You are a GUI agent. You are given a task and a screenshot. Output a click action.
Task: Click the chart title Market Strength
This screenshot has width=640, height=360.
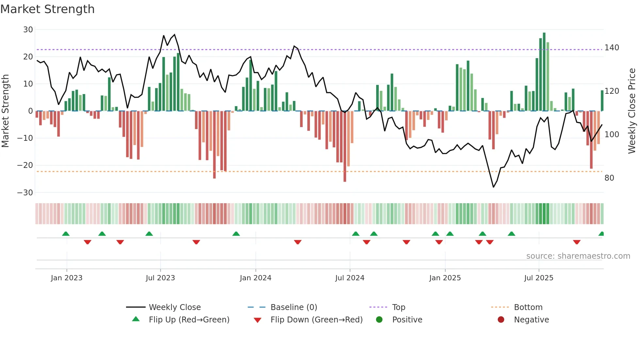coord(47,9)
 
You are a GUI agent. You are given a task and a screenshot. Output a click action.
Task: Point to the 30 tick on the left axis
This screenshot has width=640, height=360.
coord(28,30)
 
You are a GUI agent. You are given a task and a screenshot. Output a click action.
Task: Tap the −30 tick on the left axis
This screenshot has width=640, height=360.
coord(25,192)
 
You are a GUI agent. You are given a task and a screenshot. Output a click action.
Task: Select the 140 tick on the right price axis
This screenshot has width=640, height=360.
coord(612,48)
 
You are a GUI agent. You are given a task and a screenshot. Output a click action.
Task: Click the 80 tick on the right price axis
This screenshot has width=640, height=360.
coord(609,178)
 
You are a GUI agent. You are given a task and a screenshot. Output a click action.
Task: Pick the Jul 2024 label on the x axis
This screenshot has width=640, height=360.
coord(349,278)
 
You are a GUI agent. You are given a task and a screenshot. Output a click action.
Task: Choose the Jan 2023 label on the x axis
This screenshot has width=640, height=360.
coord(67,278)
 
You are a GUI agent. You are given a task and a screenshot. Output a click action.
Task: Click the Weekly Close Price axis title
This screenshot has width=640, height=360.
coord(632,111)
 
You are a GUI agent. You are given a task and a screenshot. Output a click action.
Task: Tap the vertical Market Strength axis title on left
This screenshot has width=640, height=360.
coord(5,111)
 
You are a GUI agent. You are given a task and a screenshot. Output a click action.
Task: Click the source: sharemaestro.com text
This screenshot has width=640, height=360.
coord(578,256)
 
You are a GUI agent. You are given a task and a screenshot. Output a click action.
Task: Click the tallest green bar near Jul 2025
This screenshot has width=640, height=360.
coord(544,72)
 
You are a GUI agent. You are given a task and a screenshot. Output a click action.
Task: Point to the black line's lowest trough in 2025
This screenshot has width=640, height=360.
coord(493,187)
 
